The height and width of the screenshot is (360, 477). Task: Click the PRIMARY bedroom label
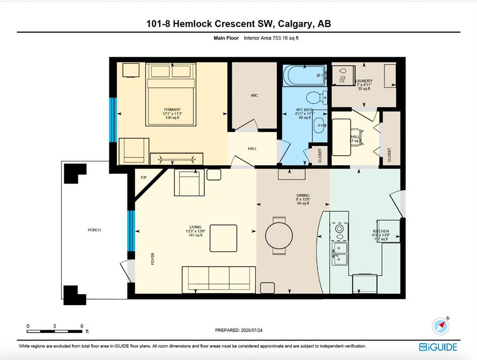click(172, 110)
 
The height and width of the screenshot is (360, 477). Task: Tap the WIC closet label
click(254, 96)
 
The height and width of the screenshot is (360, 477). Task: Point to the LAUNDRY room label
click(363, 81)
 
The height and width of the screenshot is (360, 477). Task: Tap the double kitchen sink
click(340, 254)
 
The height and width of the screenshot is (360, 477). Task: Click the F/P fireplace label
click(144, 178)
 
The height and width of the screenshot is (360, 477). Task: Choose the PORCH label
click(94, 230)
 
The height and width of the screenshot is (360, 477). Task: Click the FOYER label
click(152, 259)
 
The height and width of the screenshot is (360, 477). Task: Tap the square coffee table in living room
click(223, 238)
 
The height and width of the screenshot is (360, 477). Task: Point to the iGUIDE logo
click(438, 347)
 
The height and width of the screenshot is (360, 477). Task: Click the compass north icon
click(441, 325)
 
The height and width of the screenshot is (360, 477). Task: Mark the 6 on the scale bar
click(82, 326)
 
